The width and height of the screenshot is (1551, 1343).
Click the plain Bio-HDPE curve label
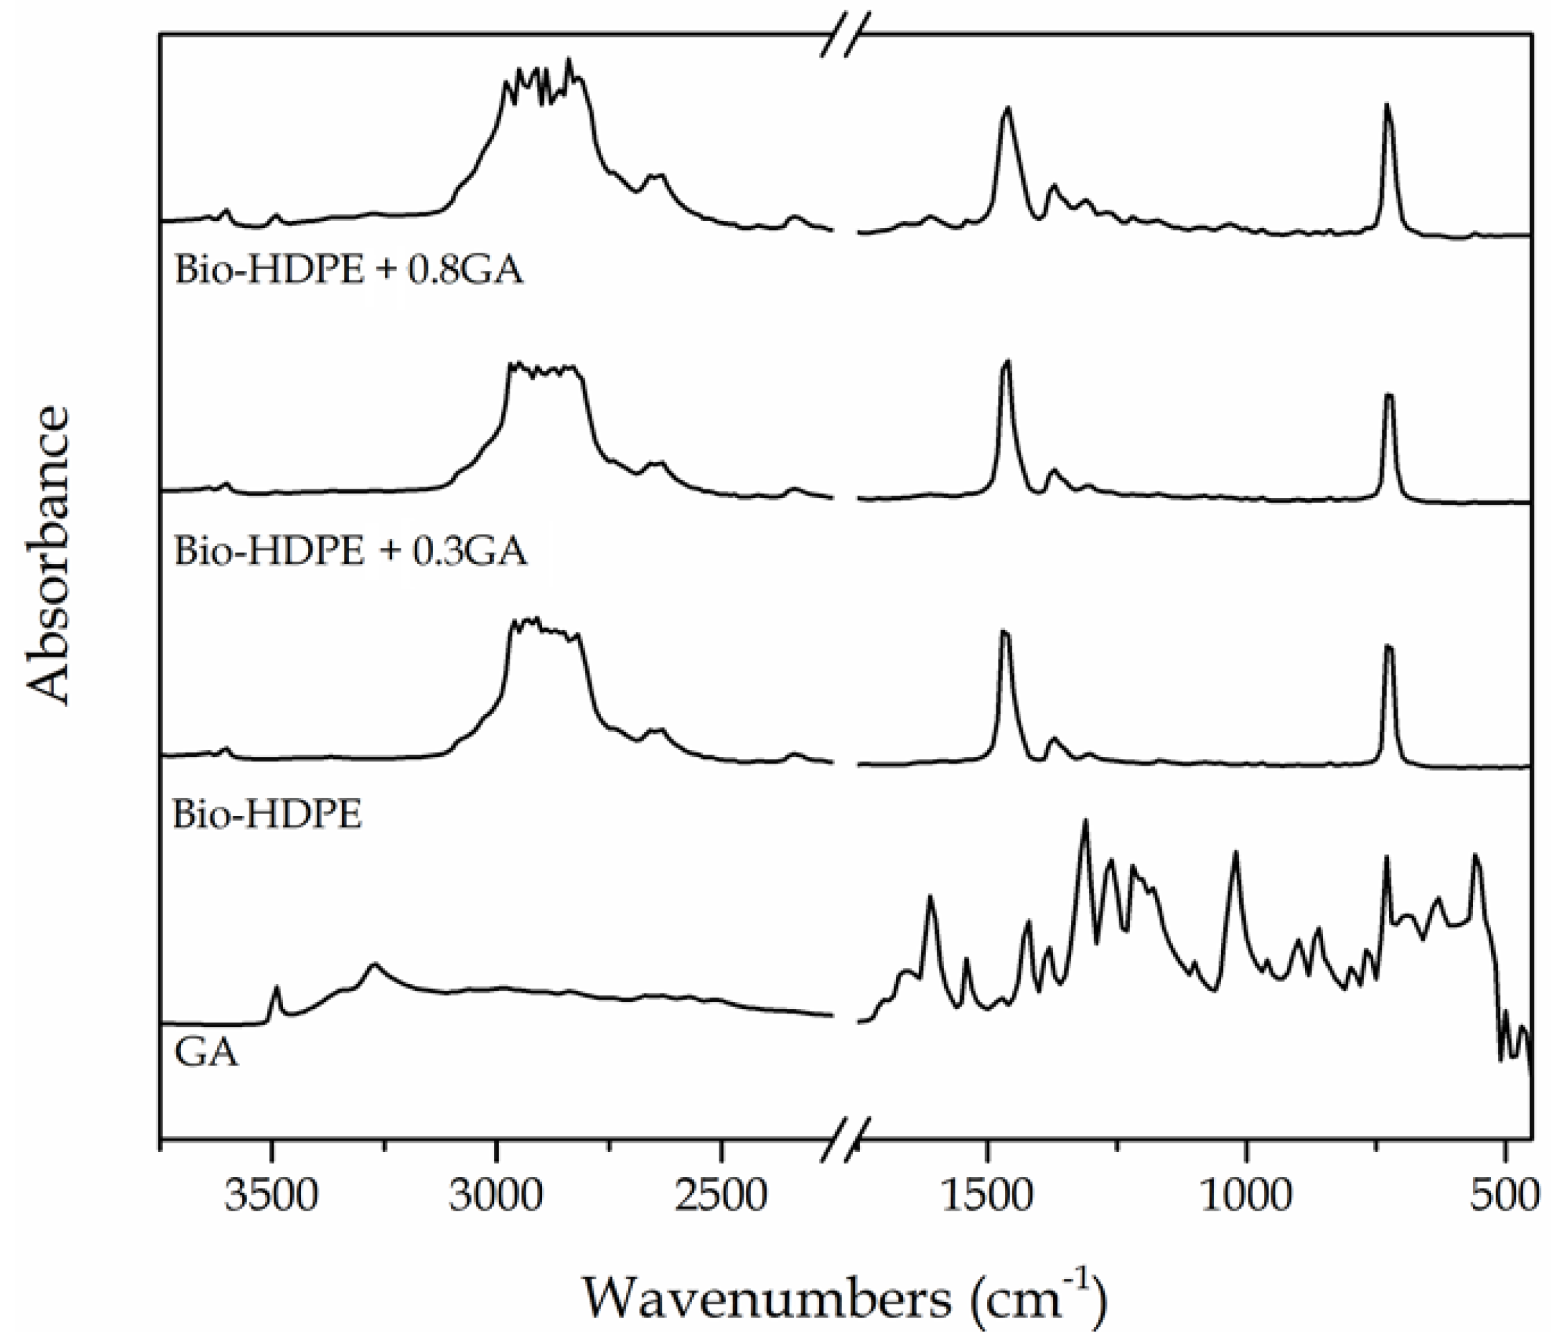click(x=268, y=814)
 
